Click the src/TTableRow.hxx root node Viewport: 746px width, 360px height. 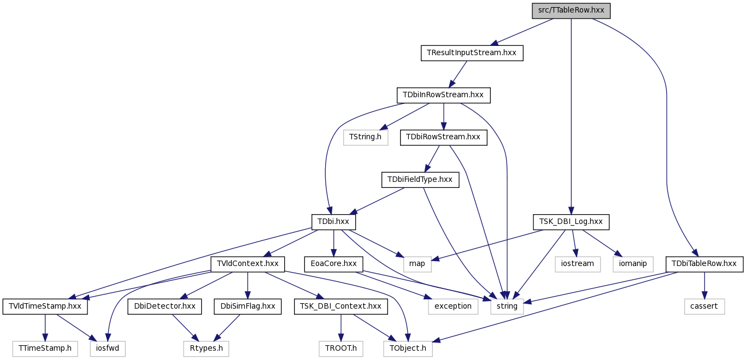tap(571, 11)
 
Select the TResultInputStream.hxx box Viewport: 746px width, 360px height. tap(472, 53)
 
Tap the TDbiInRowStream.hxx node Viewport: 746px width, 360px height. tap(443, 95)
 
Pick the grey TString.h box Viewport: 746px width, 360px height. tap(365, 137)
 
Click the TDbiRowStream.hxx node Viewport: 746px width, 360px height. tap(443, 137)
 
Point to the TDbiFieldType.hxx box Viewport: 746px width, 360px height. tap(420, 180)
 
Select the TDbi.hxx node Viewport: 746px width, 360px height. tap(333, 222)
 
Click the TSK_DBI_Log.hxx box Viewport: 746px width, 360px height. tap(571, 222)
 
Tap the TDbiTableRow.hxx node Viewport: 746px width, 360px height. tap(704, 264)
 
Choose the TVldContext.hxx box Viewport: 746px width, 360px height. tap(248, 264)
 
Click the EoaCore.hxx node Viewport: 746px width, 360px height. tap(334, 264)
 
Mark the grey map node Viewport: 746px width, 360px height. tap(417, 264)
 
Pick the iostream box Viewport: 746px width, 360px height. tap(578, 264)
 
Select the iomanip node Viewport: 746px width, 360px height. tap(633, 264)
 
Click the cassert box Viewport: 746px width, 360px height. tap(704, 306)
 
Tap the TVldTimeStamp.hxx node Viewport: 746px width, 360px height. tap(45, 306)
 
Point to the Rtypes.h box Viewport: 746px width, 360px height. tap(206, 349)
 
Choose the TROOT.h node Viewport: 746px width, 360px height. tap(340, 349)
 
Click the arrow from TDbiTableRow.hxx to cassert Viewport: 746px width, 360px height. tap(704, 285)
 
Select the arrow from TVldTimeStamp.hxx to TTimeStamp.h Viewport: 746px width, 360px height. tap(45, 328)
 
